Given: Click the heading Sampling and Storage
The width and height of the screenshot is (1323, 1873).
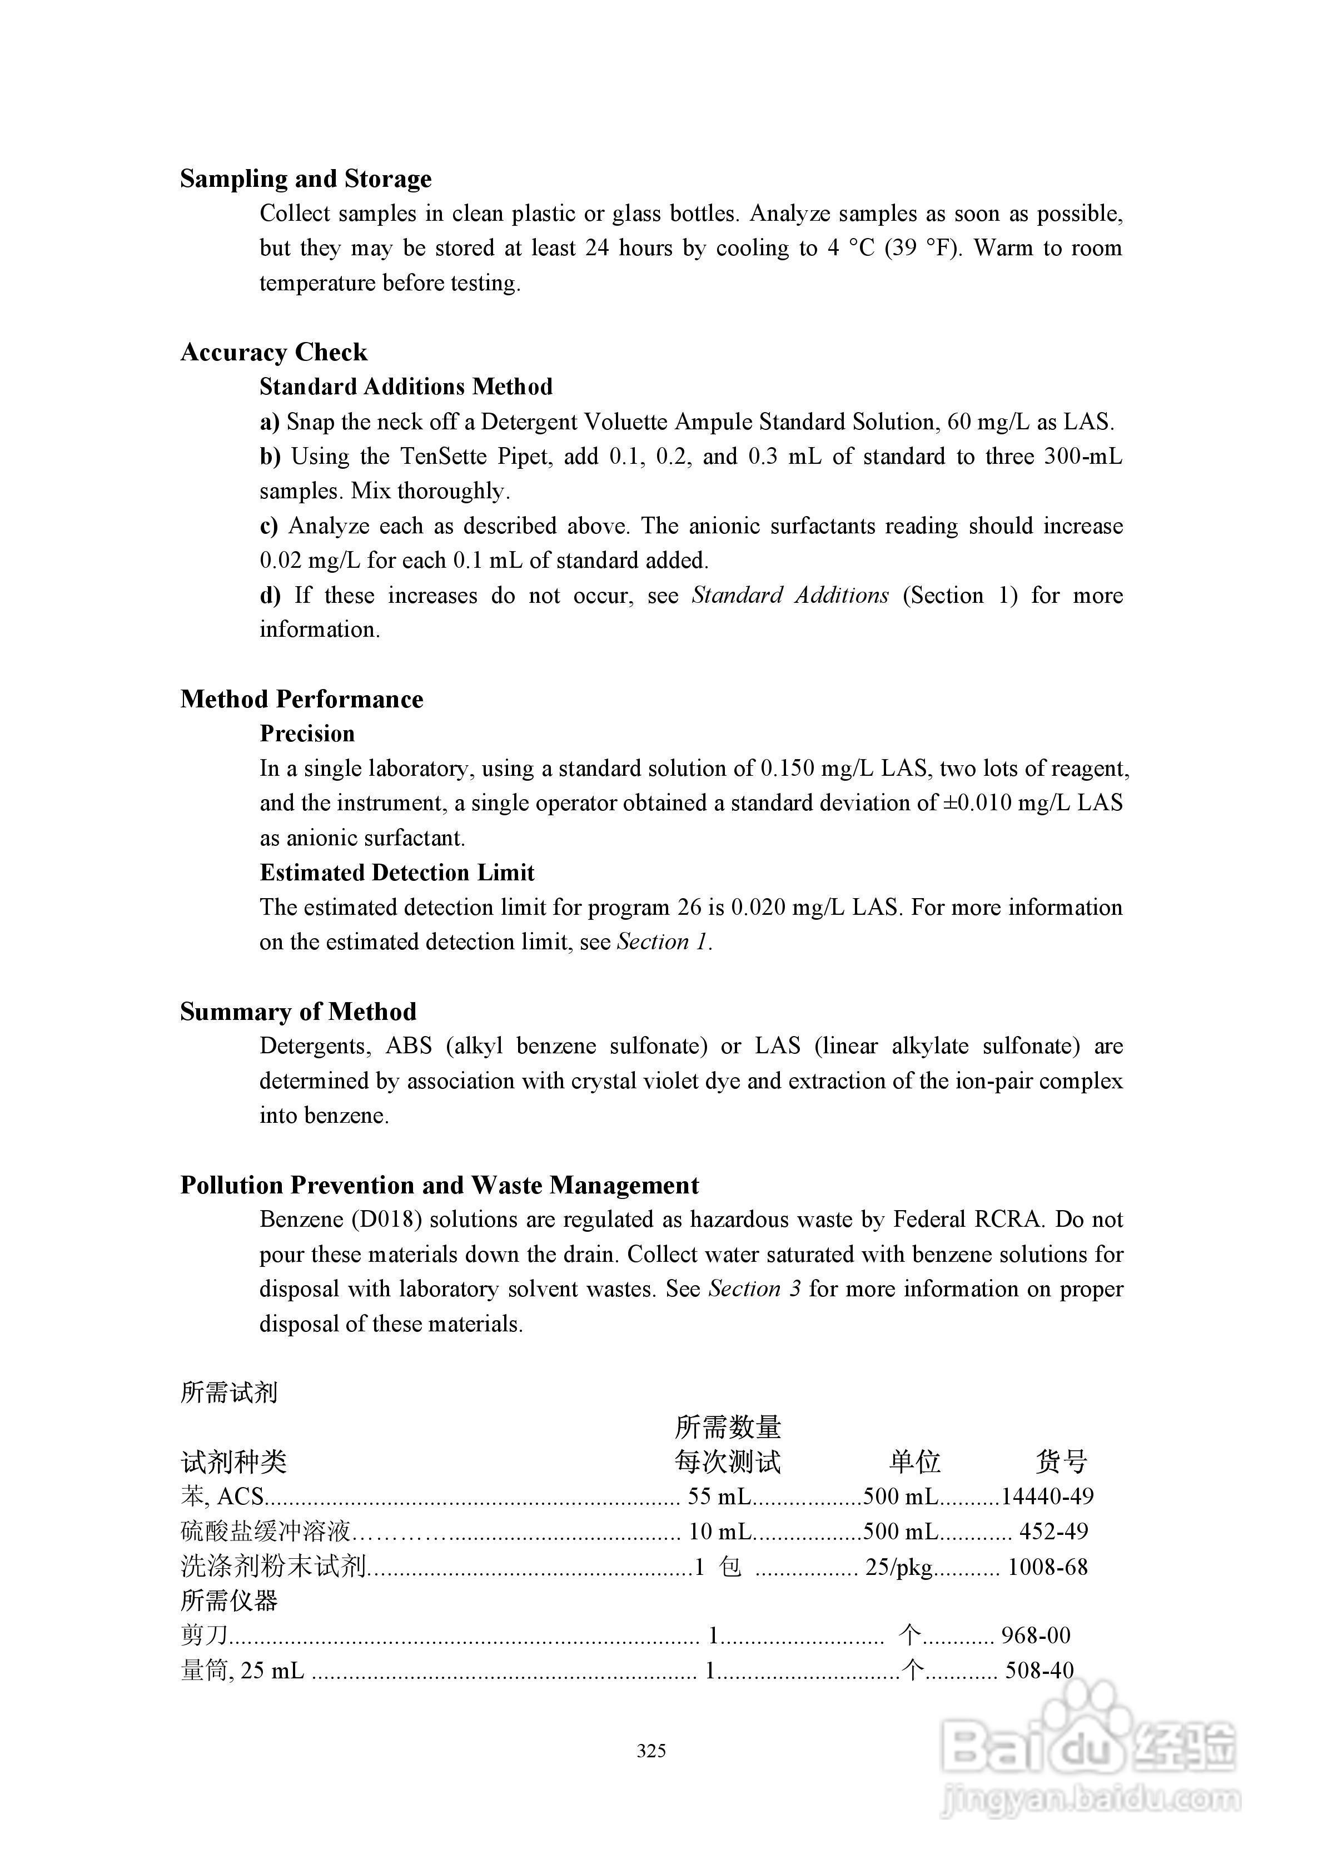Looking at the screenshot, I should [x=306, y=179].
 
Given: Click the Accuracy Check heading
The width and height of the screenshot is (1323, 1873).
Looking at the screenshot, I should [x=274, y=353].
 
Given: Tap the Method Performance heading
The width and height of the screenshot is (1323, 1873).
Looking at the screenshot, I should [x=302, y=699].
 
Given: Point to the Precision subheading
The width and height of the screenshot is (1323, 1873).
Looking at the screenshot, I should [x=307, y=734].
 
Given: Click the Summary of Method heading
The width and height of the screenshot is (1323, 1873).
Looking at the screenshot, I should [x=299, y=1012].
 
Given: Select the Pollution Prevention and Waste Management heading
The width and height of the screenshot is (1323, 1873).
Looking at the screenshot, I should [x=440, y=1185].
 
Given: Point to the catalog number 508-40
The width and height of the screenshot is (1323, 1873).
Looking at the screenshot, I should [x=1039, y=1671].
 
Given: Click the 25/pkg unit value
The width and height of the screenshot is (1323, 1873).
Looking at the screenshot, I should [x=899, y=1567].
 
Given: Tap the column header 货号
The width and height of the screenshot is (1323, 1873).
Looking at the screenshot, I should [x=1061, y=1462].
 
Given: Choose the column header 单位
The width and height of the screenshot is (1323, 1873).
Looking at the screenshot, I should [x=915, y=1462].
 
